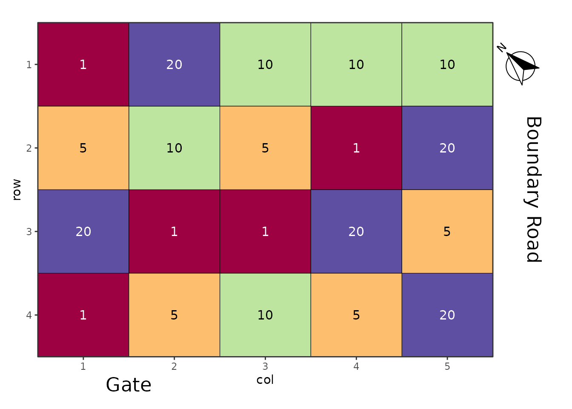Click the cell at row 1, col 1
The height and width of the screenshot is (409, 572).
tap(83, 64)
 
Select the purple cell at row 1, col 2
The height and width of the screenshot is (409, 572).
tap(174, 64)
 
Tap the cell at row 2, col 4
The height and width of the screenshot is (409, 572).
tap(356, 148)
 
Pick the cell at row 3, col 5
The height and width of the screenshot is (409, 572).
tap(447, 231)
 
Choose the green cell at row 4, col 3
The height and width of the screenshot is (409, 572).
tap(265, 315)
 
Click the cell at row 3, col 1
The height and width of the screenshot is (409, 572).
tap(83, 231)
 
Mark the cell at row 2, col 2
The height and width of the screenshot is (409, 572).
tap(174, 148)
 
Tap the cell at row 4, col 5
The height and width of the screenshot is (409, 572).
tap(447, 315)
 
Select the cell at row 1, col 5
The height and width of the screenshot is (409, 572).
tap(447, 64)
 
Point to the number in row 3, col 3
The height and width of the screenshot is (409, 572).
tap(265, 231)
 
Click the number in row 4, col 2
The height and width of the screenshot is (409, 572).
tap(174, 315)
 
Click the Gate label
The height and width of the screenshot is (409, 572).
tap(129, 385)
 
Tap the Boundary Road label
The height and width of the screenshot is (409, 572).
tap(533, 189)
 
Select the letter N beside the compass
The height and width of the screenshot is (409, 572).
tap(502, 47)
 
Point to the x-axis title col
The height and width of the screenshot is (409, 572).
tap(265, 380)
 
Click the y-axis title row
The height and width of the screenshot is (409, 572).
tap(16, 190)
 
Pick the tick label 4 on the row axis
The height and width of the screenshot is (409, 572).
tap(29, 315)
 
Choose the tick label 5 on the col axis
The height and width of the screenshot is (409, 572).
tap(447, 366)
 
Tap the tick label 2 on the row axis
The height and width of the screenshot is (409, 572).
tap(29, 148)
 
